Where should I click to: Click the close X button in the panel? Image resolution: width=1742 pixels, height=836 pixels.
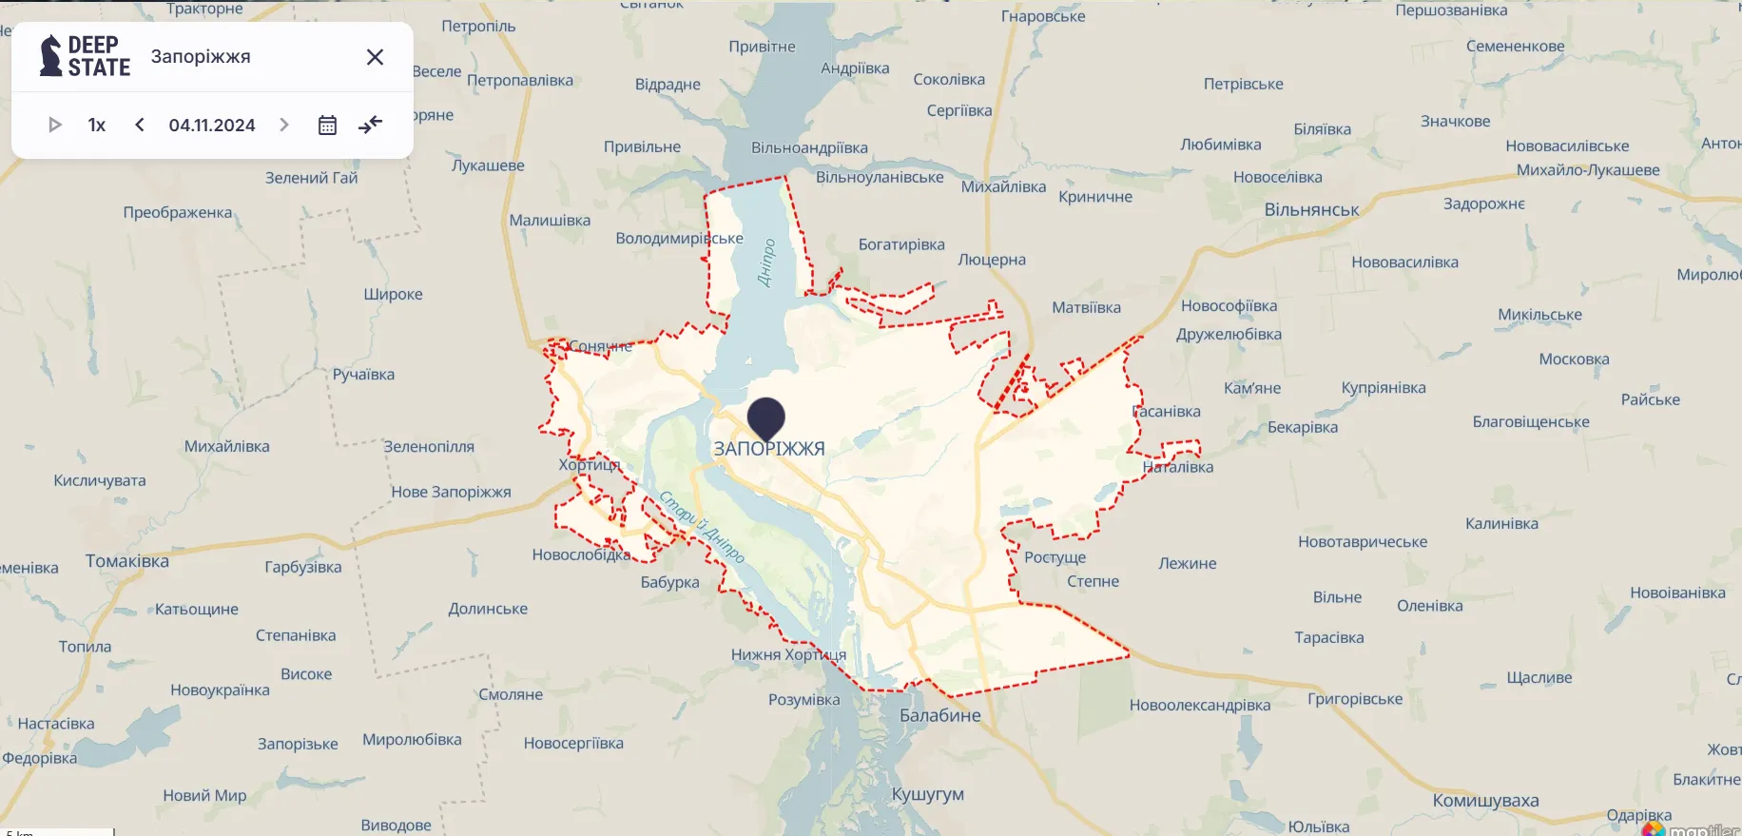pyautogui.click(x=376, y=57)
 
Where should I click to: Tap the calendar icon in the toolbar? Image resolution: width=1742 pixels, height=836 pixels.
pyautogui.click(x=327, y=125)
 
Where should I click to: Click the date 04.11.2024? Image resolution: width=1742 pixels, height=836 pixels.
pyautogui.click(x=212, y=125)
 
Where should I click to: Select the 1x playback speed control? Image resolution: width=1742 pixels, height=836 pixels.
pyautogui.click(x=97, y=125)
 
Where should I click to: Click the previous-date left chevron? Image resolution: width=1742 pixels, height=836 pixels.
pyautogui.click(x=140, y=125)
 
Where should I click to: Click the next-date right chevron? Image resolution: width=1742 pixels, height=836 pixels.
pyautogui.click(x=283, y=125)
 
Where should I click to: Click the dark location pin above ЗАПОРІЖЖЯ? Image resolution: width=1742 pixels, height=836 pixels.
pyautogui.click(x=765, y=417)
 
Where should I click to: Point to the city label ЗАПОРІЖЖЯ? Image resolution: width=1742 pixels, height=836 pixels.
pyautogui.click(x=769, y=449)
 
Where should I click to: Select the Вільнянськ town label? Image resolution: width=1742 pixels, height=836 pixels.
pyautogui.click(x=1311, y=210)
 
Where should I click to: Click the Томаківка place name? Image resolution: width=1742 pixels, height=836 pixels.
pyautogui.click(x=127, y=561)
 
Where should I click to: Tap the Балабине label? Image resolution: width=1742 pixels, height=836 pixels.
pyautogui.click(x=939, y=715)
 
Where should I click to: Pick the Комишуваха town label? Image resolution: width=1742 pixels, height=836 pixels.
pyautogui.click(x=1485, y=801)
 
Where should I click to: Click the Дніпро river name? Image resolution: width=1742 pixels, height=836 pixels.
pyautogui.click(x=766, y=262)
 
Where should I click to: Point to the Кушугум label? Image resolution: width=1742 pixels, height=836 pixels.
pyautogui.click(x=927, y=794)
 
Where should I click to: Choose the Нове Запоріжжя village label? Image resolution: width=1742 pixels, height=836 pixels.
pyautogui.click(x=451, y=492)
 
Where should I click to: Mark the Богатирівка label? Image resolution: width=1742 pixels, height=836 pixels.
pyautogui.click(x=901, y=244)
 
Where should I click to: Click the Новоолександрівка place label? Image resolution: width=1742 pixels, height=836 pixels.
pyautogui.click(x=1199, y=705)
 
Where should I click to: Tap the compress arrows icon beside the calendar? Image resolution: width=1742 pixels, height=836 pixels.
pyautogui.click(x=371, y=125)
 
